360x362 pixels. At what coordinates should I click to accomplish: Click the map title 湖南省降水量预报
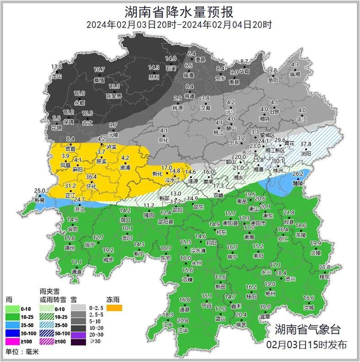(x=179, y=10)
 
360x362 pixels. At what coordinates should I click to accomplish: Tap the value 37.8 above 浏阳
(x=306, y=144)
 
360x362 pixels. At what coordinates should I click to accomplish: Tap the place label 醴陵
(x=298, y=183)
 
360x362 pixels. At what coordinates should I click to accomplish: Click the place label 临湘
(x=295, y=74)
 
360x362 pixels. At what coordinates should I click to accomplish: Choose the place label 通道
(x=77, y=271)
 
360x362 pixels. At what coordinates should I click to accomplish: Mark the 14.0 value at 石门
(x=170, y=59)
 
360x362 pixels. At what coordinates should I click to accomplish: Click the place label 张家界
(x=114, y=96)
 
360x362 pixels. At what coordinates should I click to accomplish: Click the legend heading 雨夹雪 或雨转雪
(x=52, y=295)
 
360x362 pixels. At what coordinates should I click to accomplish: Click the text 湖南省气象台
(x=307, y=329)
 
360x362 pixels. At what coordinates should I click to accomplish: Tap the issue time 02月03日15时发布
(x=307, y=344)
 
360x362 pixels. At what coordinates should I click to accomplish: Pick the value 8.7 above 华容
(x=244, y=62)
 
